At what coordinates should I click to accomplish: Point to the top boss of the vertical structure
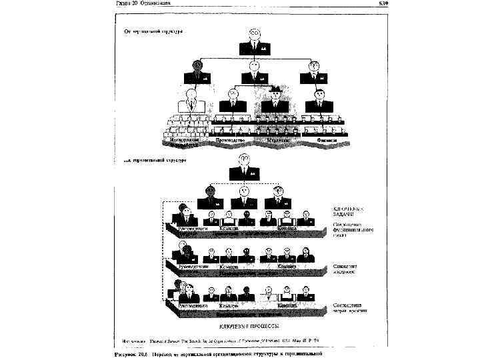click(x=254, y=41)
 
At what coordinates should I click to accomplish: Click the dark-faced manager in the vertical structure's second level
click(x=197, y=71)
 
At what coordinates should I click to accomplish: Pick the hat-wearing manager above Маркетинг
click(x=275, y=100)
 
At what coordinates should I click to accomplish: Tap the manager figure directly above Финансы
click(x=319, y=100)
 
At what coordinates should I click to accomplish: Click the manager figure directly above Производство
click(x=233, y=100)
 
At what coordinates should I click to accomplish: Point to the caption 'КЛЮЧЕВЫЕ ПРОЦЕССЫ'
click(x=248, y=327)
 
